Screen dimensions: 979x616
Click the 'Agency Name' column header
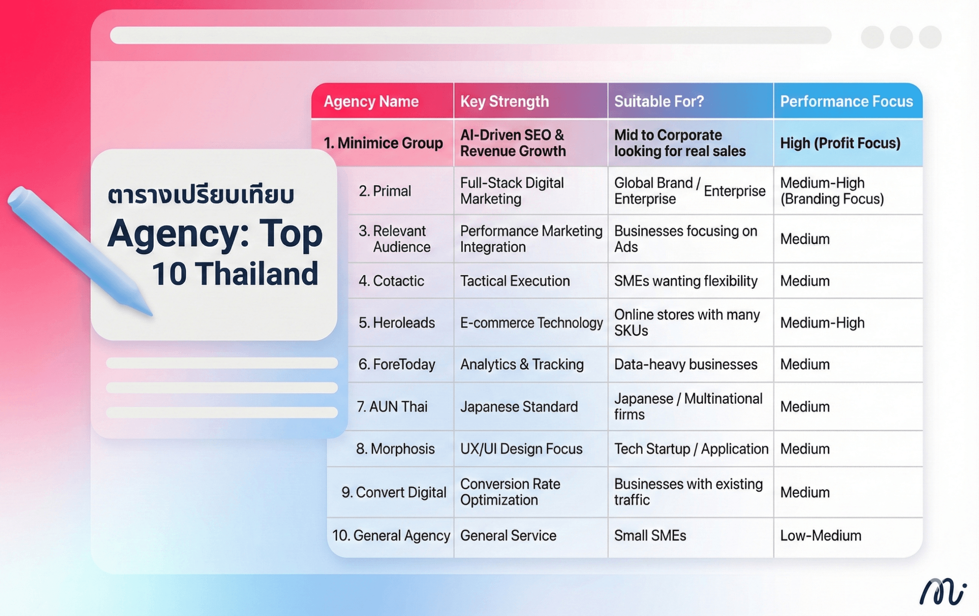coord(371,102)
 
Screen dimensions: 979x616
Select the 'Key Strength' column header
coord(504,102)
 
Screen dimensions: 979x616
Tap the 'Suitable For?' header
coord(659,101)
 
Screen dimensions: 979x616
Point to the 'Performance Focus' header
coord(846,101)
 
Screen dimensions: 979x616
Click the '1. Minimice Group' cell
coord(383,143)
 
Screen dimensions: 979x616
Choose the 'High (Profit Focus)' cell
coord(840,143)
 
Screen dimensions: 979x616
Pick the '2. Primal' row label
coord(385,191)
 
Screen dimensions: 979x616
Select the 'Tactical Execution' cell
coord(515,281)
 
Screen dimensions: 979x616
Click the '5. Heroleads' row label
coord(397,323)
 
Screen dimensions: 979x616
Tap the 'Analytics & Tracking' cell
coord(522,365)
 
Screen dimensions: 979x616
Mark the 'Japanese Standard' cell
coord(519,407)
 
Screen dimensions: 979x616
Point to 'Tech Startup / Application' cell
coord(691,449)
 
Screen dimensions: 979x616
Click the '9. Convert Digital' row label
coord(394,493)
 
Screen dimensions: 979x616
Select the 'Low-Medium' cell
coord(820,535)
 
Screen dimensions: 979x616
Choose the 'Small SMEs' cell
coord(650,535)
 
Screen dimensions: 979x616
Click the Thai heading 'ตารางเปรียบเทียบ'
coord(200,195)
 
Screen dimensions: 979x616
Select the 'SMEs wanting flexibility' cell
coord(686,281)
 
